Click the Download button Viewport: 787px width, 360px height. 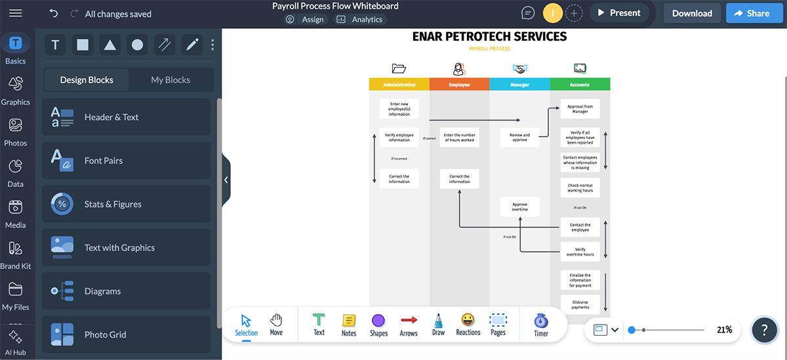pyautogui.click(x=692, y=13)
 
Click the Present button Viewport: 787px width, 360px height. pyautogui.click(x=618, y=13)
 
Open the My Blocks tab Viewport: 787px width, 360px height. pyautogui.click(x=171, y=80)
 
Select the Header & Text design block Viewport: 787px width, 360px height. pyautogui.click(x=127, y=117)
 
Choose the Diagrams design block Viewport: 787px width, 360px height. pyautogui.click(x=127, y=291)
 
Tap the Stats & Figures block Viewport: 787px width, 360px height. pyautogui.click(x=127, y=204)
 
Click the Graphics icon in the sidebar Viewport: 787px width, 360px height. pyautogui.click(x=16, y=89)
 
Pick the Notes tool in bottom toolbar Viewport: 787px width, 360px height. pyautogui.click(x=349, y=324)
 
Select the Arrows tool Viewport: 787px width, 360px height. pyautogui.click(x=409, y=324)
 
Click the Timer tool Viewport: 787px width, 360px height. pyautogui.click(x=541, y=324)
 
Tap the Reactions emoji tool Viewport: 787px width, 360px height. pyautogui.click(x=468, y=324)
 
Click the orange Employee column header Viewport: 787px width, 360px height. pyautogui.click(x=459, y=85)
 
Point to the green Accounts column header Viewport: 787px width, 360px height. pyautogui.click(x=580, y=85)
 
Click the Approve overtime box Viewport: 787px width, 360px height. pyautogui.click(x=519, y=207)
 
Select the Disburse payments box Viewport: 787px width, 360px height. pyautogui.click(x=580, y=304)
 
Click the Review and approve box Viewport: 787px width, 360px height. pyautogui.click(x=519, y=137)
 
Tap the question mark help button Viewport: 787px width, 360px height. pyautogui.click(x=764, y=330)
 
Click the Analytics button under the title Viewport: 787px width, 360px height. pyautogui.click(x=360, y=20)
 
